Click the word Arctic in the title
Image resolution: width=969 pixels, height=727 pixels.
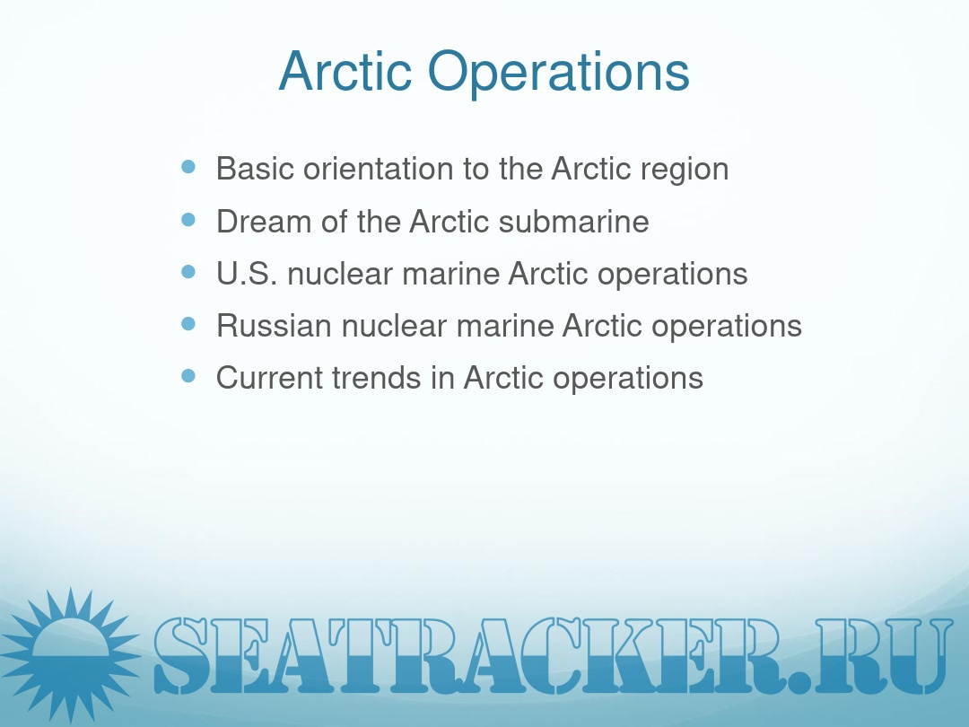[345, 71]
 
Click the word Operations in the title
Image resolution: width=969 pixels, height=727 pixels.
[558, 75]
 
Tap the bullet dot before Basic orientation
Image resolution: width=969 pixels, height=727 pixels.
[188, 167]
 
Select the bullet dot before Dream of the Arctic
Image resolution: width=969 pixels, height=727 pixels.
[188, 220]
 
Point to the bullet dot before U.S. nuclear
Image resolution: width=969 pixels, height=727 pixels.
[188, 272]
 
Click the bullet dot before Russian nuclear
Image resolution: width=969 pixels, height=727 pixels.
[188, 324]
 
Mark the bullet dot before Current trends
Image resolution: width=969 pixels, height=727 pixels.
[188, 376]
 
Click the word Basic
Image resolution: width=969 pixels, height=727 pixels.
[255, 168]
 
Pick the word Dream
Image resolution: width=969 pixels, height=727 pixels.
[264, 222]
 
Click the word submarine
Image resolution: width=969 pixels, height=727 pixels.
[573, 222]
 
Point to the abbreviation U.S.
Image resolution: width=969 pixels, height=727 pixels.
[247, 274]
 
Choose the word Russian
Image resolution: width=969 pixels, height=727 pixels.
[274, 326]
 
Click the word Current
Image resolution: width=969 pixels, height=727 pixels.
[269, 378]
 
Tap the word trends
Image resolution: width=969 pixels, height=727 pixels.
[376, 378]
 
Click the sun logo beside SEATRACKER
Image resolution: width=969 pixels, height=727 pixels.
[69, 654]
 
